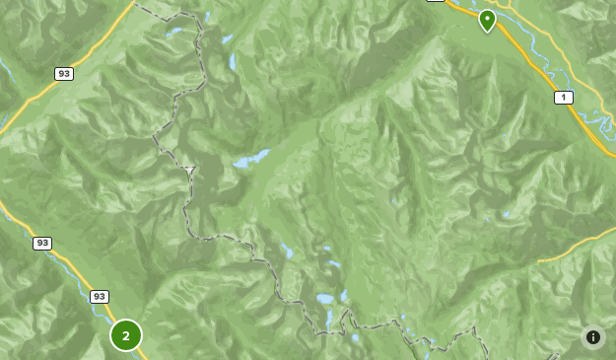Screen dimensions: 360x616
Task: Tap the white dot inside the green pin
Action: coord(487,17)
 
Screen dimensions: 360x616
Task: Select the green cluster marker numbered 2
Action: coord(126,335)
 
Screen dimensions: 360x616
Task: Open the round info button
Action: coord(593,337)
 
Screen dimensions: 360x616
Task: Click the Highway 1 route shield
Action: coord(564,97)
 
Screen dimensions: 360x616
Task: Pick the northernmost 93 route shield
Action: coord(64,74)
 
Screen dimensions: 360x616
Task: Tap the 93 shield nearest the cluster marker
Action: coord(100,296)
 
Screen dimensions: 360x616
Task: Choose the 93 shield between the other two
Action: coord(42,243)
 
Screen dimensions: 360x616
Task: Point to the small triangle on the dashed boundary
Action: coord(189,171)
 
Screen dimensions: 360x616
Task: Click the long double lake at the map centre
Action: coord(252,159)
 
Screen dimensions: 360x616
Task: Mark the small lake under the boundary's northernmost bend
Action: coord(174,33)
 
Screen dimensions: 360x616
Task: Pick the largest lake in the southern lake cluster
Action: coord(325,298)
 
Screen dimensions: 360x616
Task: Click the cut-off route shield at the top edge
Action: coord(436,1)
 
